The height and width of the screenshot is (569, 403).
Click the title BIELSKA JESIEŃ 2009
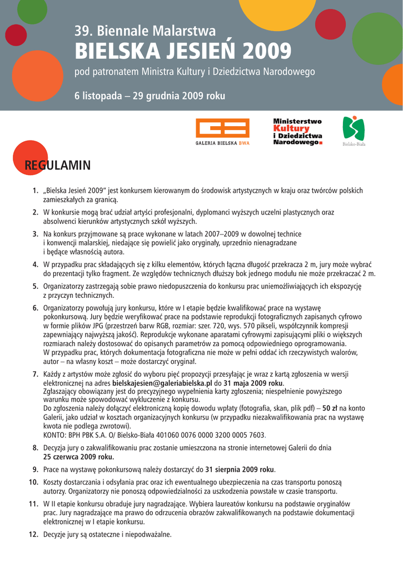click(182, 52)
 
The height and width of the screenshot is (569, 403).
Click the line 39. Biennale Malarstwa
click(145, 31)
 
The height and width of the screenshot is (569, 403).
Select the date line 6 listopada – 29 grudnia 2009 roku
click(150, 96)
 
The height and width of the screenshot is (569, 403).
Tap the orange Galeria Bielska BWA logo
click(223, 133)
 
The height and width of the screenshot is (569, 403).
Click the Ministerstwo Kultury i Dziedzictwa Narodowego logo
click(298, 132)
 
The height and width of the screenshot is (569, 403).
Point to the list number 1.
click(35, 191)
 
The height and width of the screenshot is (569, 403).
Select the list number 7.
click(35, 375)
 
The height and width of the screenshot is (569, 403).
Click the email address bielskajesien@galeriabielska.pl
click(162, 383)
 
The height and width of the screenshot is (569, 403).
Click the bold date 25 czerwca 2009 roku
click(78, 457)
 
